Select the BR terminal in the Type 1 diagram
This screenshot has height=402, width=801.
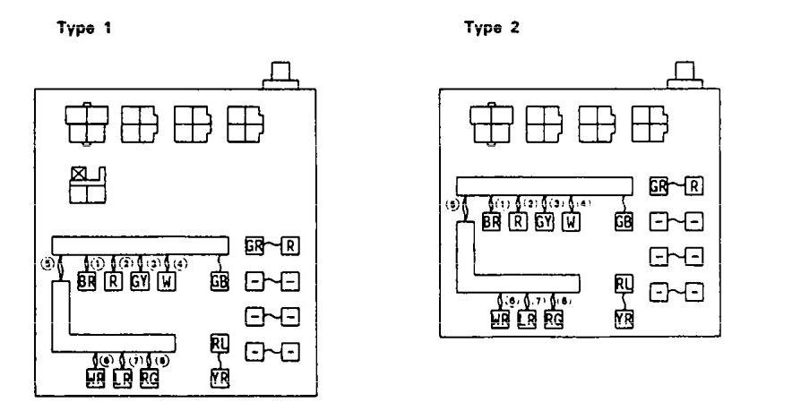pyautogui.click(x=86, y=282)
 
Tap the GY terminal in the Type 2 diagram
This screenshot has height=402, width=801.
pyautogui.click(x=544, y=222)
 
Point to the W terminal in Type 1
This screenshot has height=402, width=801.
pyautogui.click(x=166, y=282)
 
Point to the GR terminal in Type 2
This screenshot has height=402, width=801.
pyautogui.click(x=659, y=186)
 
